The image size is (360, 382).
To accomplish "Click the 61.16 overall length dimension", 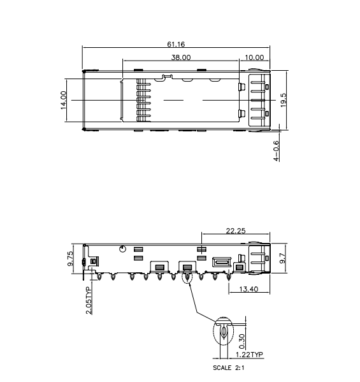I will pos(176,45).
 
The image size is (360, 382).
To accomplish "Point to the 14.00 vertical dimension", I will pos(64,100).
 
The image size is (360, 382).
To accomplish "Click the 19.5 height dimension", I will pos(284,100).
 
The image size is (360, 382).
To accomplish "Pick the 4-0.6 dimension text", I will pos(277,152).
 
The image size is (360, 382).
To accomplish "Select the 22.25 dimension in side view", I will pos(236,231).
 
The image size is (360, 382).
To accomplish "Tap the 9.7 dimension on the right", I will pos(283,258).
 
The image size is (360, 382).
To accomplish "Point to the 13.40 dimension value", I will pos(249,289).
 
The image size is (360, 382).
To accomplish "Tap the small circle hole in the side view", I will pos(122,249).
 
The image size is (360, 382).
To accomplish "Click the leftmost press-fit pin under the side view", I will pos(100,277).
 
